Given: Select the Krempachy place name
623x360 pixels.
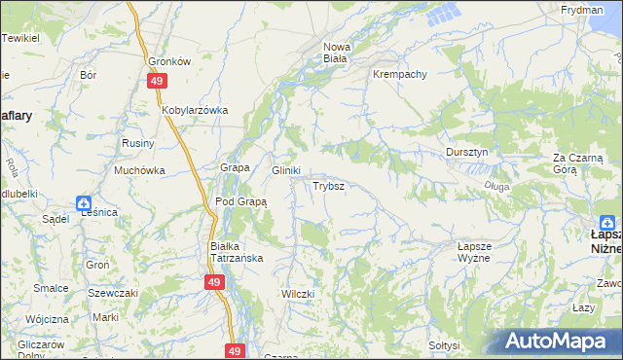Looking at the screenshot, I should click(x=399, y=74).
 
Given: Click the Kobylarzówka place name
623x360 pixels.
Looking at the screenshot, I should click(x=195, y=110).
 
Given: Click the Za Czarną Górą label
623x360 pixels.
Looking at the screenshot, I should click(x=578, y=162).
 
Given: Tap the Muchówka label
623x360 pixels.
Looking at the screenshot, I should click(x=139, y=170).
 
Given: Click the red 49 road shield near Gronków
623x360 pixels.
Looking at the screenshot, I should click(x=156, y=83).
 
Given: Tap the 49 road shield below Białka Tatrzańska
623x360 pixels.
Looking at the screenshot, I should click(x=215, y=282).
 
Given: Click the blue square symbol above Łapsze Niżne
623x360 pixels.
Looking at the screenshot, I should click(x=607, y=221).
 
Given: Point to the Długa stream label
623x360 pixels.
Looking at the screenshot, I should click(x=495, y=186).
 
